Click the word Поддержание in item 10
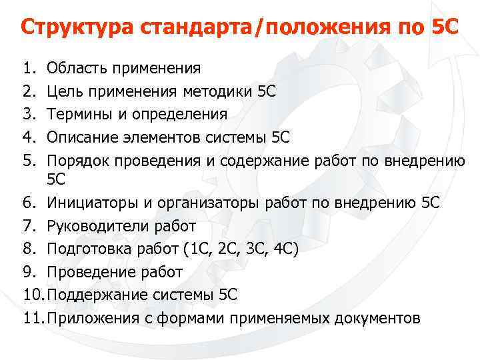pyautogui.click(x=95, y=295)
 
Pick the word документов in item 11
pyautogui.click(x=375, y=318)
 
